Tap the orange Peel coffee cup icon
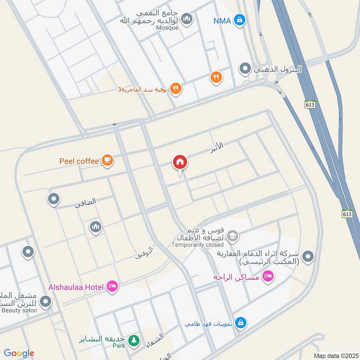click(107, 160)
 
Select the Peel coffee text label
click(79, 161)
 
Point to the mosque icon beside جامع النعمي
click(187, 19)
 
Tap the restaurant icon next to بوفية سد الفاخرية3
click(176, 89)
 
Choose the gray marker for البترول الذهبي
click(245, 69)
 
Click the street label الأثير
click(216, 148)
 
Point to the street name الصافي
click(85, 203)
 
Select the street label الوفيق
click(144, 252)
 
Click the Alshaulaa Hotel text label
click(76, 287)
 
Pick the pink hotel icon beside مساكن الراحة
click(268, 276)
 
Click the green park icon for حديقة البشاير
click(133, 341)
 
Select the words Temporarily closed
click(197, 245)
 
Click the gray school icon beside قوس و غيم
click(232, 235)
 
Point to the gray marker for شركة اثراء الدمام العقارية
click(308, 257)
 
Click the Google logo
click(19, 354)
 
